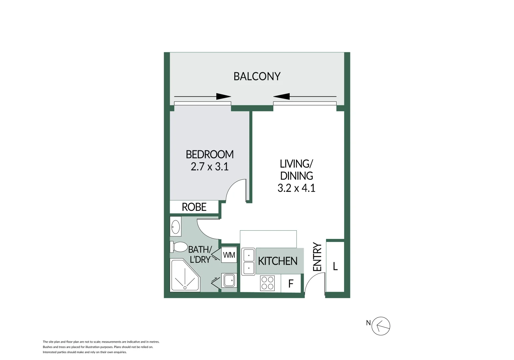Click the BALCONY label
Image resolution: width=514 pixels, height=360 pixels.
(257, 76)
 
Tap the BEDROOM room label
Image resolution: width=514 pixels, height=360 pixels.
(210, 154)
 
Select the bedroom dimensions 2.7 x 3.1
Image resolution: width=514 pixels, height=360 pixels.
(210, 166)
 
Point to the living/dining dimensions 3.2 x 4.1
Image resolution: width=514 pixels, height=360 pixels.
(296, 188)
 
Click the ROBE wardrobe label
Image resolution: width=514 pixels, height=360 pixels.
(194, 207)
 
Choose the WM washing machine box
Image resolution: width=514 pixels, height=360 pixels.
(229, 255)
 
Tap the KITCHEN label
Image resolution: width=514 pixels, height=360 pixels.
(278, 261)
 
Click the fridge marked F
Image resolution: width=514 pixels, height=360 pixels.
(291, 283)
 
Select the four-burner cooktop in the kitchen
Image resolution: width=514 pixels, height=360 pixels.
(267, 283)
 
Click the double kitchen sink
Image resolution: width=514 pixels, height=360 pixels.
(248, 261)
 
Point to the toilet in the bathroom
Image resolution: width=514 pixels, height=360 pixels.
(179, 247)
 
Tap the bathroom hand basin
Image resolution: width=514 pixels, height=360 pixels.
(175, 227)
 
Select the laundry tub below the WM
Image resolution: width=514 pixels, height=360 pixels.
(229, 280)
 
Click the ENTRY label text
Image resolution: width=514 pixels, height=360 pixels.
(317, 257)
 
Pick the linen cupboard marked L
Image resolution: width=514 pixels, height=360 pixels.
(335, 266)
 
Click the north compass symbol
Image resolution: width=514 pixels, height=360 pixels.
(381, 326)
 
